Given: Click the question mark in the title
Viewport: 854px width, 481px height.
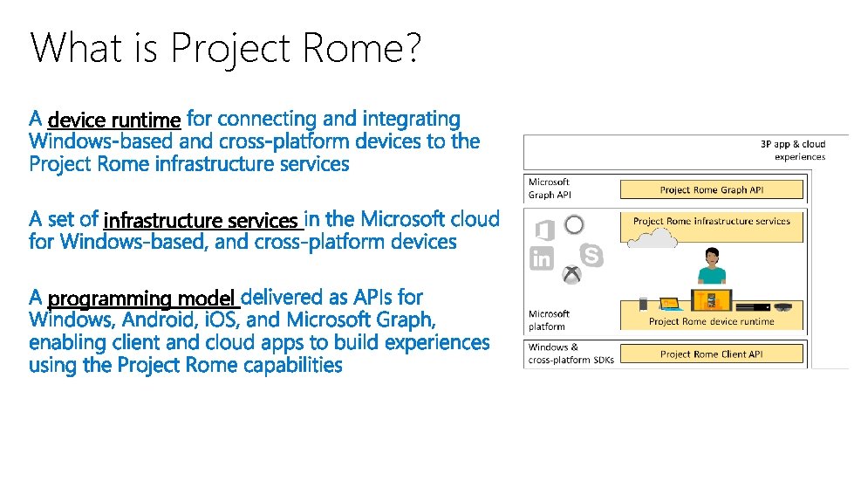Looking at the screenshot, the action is tap(410, 48).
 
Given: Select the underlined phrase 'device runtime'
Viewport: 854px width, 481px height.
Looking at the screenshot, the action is tap(114, 120).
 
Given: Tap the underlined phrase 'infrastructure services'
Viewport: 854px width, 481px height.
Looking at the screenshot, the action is tap(201, 221).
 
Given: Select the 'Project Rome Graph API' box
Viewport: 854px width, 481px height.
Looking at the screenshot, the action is tap(712, 189).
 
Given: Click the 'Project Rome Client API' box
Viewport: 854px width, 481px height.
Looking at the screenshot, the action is tap(712, 354).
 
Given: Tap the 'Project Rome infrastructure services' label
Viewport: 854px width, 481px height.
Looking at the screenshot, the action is tap(712, 221).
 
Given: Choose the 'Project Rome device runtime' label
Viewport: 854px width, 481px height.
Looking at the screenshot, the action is tap(712, 321).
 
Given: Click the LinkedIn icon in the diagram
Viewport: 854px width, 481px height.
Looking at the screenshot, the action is tap(542, 258).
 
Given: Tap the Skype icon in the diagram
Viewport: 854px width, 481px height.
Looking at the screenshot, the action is tap(592, 255).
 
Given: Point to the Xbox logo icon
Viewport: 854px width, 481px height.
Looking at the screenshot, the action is tap(571, 275).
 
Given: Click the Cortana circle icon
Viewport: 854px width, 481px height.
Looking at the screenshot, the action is tap(574, 225).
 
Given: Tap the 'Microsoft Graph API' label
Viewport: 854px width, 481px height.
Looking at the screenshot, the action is tap(549, 189).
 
